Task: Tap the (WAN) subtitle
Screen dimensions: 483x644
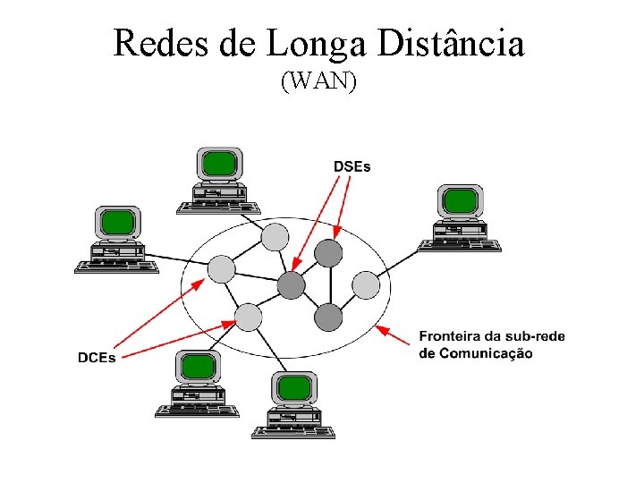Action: tap(319, 81)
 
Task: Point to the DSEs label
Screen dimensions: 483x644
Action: tap(352, 165)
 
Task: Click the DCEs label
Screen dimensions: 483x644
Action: tap(97, 358)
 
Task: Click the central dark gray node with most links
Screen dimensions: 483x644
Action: tap(291, 285)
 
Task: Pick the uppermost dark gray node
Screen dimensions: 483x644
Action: tap(329, 253)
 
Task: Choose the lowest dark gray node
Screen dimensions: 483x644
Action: tap(328, 317)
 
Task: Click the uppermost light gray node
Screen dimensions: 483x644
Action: tap(275, 236)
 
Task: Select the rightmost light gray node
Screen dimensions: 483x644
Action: tap(366, 284)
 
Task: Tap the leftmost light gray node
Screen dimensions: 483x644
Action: tap(221, 268)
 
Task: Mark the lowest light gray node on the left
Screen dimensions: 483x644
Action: tap(248, 317)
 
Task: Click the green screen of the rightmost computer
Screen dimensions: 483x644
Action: tap(461, 199)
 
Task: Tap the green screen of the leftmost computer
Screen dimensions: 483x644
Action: tap(117, 222)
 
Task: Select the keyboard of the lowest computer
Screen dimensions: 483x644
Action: tap(292, 432)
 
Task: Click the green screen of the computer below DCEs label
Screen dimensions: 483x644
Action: tap(197, 366)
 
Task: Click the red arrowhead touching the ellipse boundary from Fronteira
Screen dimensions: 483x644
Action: tap(379, 328)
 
